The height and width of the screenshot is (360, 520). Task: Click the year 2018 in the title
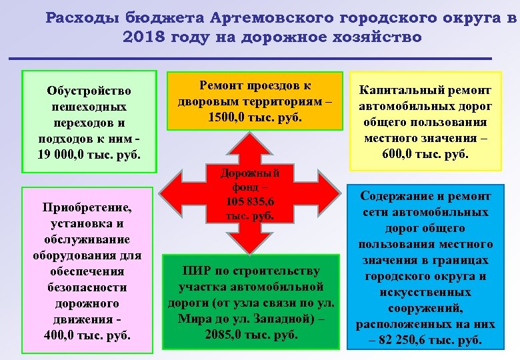tap(143, 37)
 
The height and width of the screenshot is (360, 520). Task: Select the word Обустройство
tap(89, 91)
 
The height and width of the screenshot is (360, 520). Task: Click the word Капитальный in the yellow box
tap(395, 90)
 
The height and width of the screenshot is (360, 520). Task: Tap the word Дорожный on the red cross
tap(248, 174)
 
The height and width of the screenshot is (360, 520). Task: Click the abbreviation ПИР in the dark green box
tap(197, 271)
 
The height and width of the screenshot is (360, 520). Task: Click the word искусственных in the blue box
tap(425, 292)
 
